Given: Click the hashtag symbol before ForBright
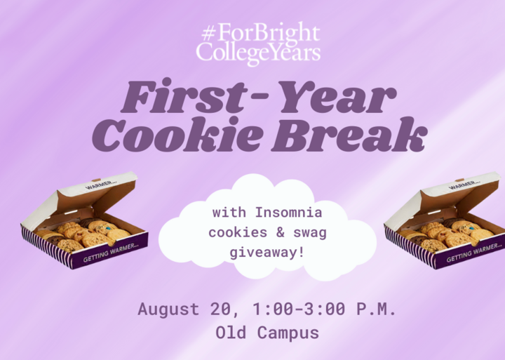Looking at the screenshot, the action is tap(209, 33).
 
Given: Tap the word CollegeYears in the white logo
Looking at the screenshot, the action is tap(258, 53).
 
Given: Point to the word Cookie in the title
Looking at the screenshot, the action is tap(177, 134).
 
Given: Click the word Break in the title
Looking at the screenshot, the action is tap(349, 134).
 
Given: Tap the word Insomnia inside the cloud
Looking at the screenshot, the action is tap(288, 213).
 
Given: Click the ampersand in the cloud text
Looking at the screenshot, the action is tap(280, 232).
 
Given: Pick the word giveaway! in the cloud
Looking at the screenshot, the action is tap(267, 253).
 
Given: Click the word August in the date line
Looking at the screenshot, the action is tap(169, 309).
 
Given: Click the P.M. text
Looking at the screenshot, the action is tap(376, 309).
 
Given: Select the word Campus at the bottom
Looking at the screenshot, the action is tap(288, 333).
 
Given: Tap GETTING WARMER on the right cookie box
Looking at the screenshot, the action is tap(474, 253).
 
